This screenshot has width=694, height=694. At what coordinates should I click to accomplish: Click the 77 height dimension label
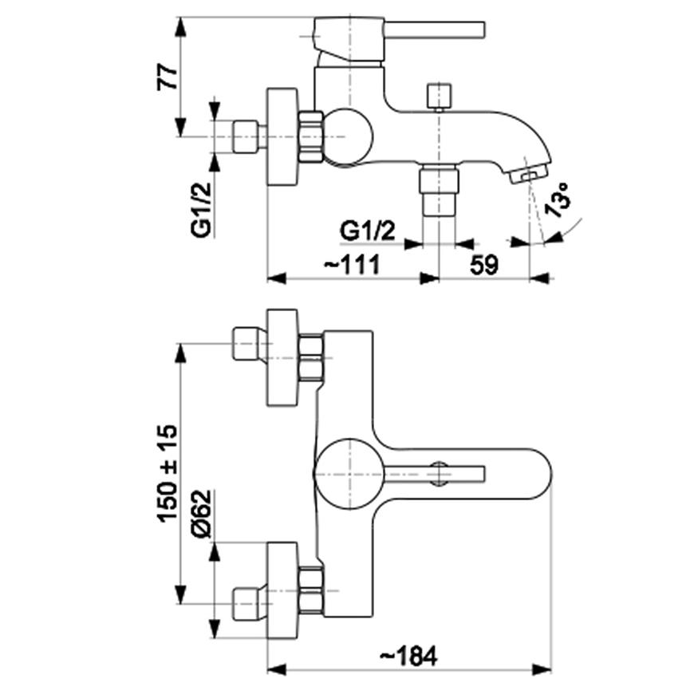pyautogui.click(x=168, y=77)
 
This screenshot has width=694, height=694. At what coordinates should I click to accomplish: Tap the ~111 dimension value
pyautogui.click(x=353, y=265)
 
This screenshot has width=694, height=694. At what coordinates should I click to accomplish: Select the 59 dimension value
pyautogui.click(x=483, y=265)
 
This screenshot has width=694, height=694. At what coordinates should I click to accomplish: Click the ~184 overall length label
pyautogui.click(x=408, y=656)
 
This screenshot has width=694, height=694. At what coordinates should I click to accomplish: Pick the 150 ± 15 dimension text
pyautogui.click(x=168, y=474)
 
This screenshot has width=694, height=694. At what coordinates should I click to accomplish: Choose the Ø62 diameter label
pyautogui.click(x=201, y=514)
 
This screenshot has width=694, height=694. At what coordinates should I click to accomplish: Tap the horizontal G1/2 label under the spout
pyautogui.click(x=368, y=231)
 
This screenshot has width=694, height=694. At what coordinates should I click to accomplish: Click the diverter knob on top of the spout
pyautogui.click(x=439, y=96)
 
